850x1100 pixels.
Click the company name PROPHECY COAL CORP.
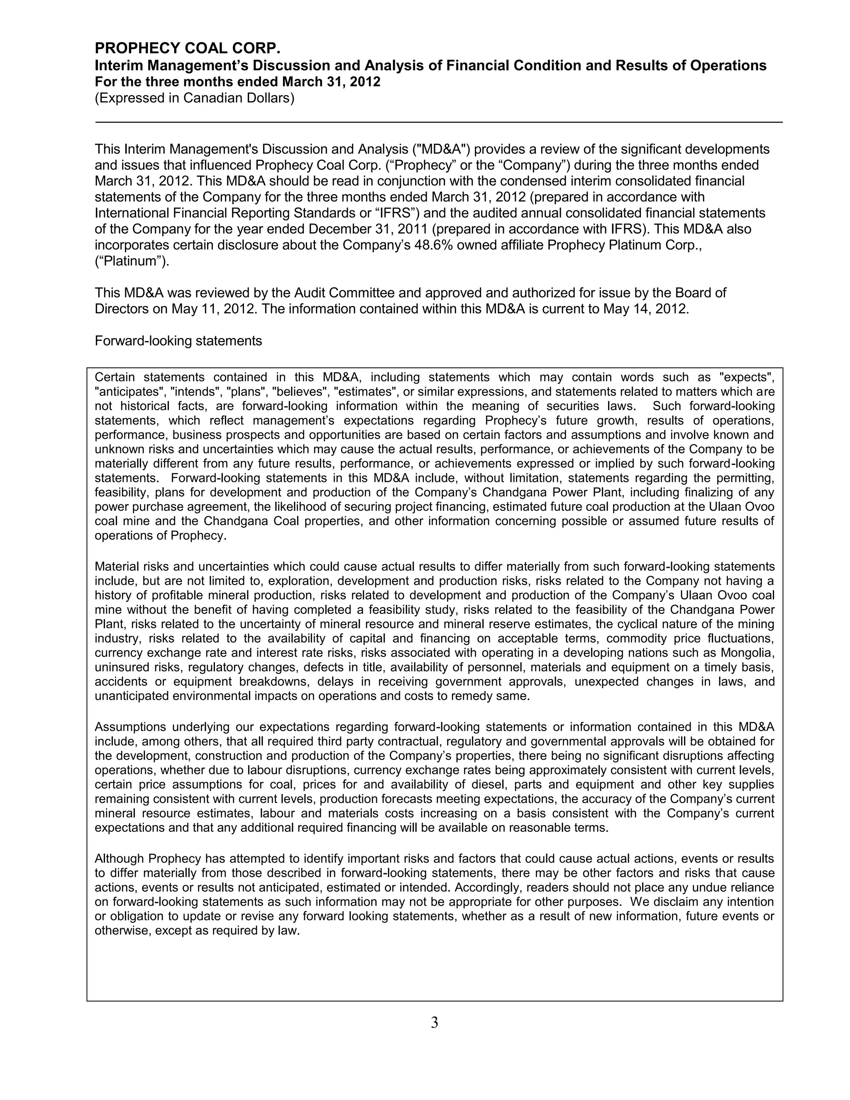[187, 48]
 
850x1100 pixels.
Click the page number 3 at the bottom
[435, 1022]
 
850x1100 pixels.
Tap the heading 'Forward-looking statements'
[178, 341]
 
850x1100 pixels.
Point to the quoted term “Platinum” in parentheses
[132, 262]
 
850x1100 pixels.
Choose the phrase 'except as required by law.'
[227, 931]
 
